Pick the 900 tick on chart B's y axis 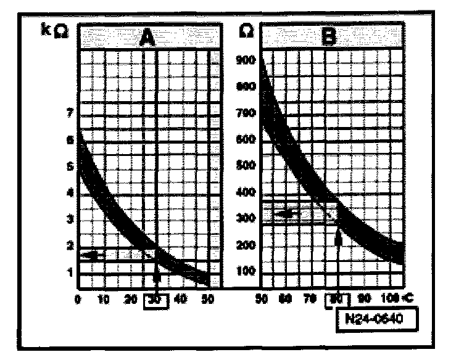click(247, 60)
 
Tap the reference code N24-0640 click(378, 320)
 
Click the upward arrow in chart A click(157, 274)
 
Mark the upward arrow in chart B click(338, 237)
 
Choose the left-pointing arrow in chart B click(286, 213)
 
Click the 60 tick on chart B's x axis click(285, 300)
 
